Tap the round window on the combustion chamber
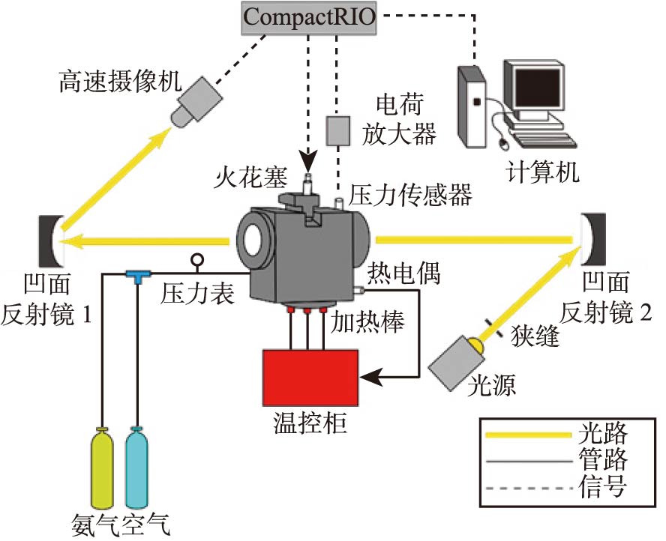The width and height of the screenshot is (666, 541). (255, 241)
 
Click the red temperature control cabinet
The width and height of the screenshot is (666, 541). (310, 378)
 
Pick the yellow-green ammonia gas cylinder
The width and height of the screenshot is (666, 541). (101, 469)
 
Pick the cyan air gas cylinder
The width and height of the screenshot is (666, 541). (137, 469)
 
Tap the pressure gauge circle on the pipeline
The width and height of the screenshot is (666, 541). (198, 261)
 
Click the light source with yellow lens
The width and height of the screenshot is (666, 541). (455, 363)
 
